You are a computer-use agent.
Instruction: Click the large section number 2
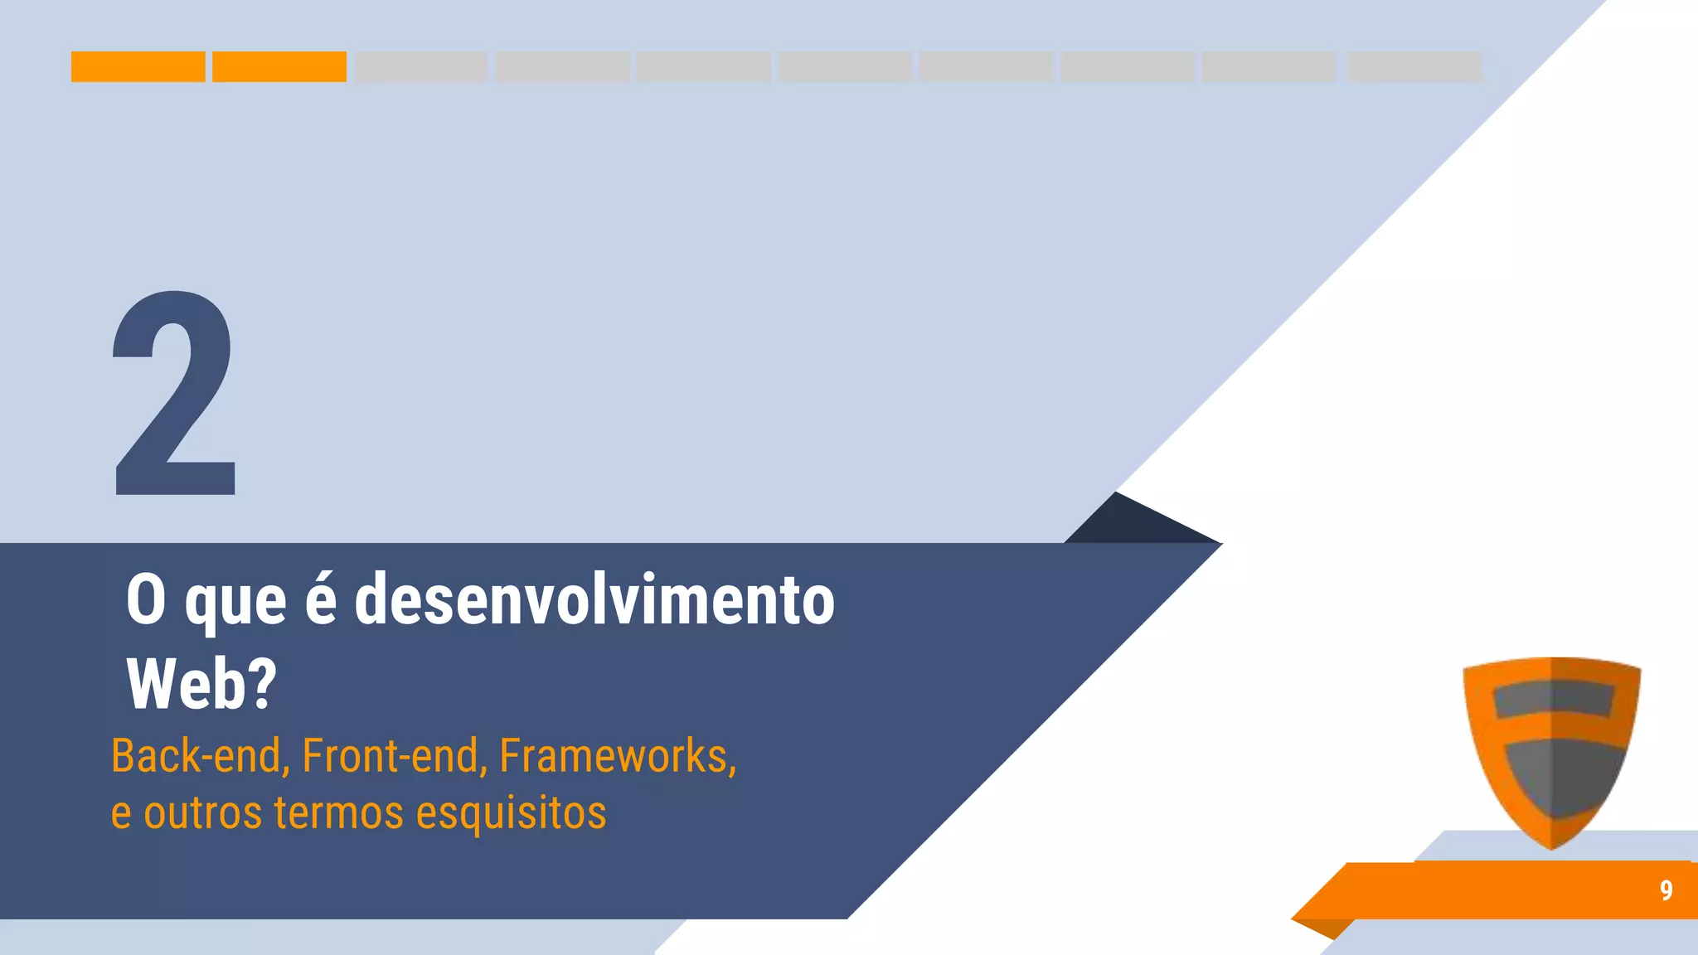point(175,394)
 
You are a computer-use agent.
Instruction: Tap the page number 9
point(1666,890)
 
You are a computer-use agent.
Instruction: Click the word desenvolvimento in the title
point(594,599)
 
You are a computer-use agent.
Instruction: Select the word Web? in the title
point(201,684)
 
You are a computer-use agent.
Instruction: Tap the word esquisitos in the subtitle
point(511,812)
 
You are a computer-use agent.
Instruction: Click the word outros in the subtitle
point(203,812)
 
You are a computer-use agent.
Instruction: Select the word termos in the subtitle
point(339,812)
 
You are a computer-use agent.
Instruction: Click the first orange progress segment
point(138,66)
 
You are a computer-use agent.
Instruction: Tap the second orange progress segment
point(279,66)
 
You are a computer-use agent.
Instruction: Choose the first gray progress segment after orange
point(421,66)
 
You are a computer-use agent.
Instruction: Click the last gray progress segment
point(1414,66)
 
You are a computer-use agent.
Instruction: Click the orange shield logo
point(1551,750)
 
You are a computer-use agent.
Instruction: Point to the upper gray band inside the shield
point(1552,699)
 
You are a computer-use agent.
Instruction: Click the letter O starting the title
point(146,599)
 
